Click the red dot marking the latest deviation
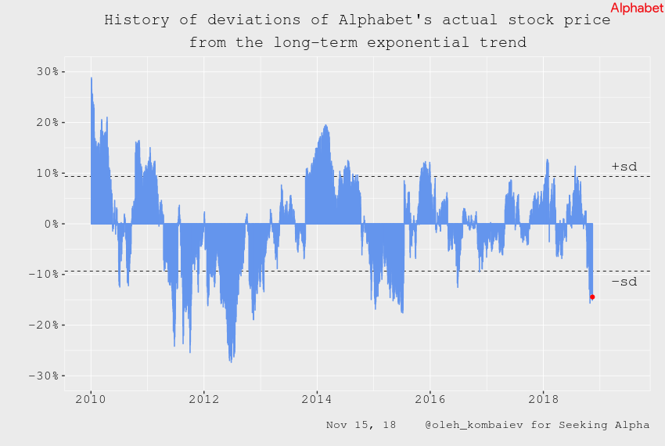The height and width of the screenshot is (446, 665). [x=592, y=297]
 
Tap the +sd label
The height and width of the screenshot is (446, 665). [x=624, y=166]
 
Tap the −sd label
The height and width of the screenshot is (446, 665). [x=624, y=281]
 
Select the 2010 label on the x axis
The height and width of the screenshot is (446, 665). [x=91, y=399]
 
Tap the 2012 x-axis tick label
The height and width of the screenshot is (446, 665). [x=203, y=399]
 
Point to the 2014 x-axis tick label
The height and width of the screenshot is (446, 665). [x=317, y=399]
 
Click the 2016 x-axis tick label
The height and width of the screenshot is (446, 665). [x=430, y=399]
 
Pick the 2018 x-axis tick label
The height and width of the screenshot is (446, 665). [x=543, y=399]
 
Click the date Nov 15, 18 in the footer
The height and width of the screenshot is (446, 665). [x=361, y=425]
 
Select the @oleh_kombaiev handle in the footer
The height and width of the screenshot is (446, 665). [x=469, y=425]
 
